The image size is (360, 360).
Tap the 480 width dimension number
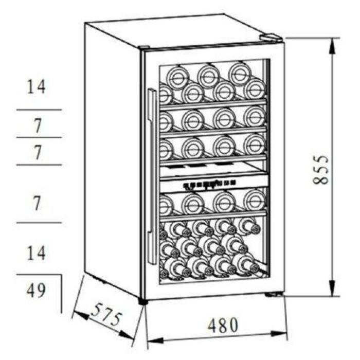click(223, 325)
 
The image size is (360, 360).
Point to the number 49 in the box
click(36, 291)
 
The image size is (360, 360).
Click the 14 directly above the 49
click(36, 253)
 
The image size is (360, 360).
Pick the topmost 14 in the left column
click(36, 87)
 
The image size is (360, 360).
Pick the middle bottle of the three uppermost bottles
click(208, 76)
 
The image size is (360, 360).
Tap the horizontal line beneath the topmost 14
click(39, 110)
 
